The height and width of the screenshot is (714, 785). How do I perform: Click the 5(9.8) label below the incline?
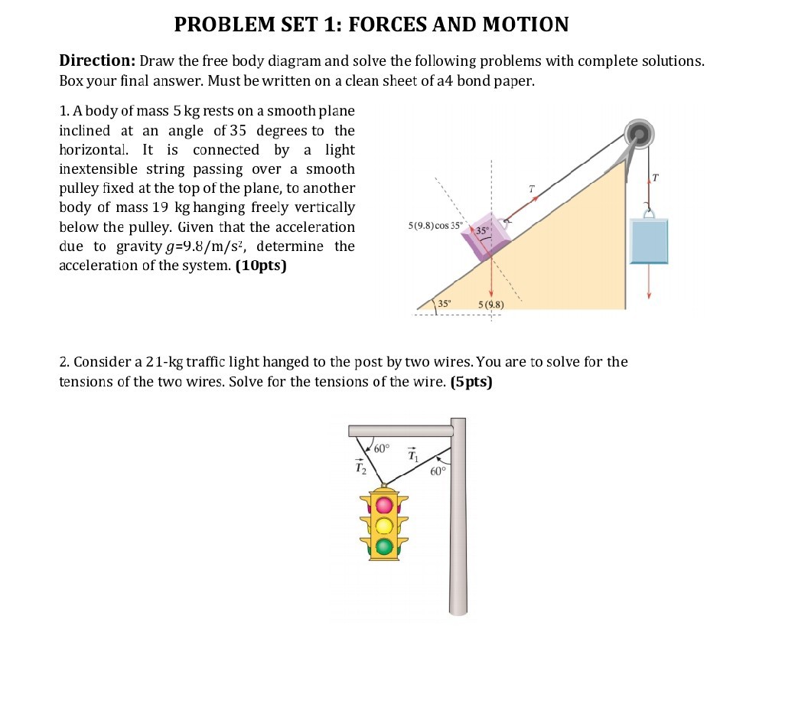click(491, 305)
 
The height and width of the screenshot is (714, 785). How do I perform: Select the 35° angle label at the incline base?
click(445, 304)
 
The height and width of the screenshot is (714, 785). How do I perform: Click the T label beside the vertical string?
click(654, 178)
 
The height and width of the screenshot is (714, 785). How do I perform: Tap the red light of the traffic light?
click(383, 505)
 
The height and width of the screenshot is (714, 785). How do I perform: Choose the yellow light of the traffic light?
click(383, 526)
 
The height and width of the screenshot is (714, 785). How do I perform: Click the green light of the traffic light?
click(383, 546)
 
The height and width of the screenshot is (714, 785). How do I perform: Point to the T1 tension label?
click(413, 455)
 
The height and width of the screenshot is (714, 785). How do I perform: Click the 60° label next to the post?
click(437, 471)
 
